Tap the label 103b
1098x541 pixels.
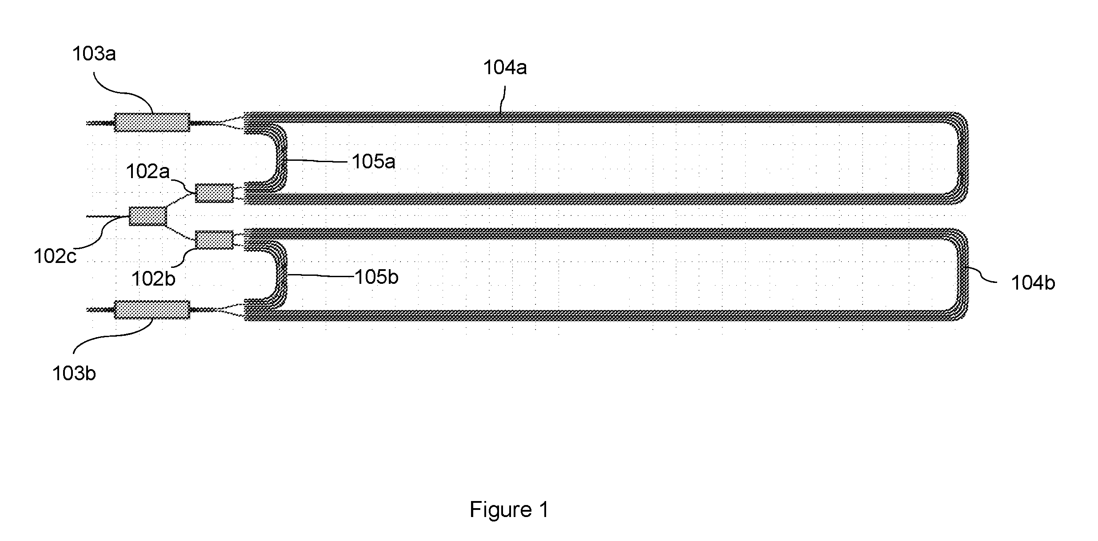point(74,374)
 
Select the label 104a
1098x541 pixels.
point(505,68)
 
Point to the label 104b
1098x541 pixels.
point(1033,282)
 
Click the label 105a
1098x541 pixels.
point(373,161)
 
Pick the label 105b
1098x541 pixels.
point(376,277)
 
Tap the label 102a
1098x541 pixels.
point(148,171)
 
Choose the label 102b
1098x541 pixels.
point(153,278)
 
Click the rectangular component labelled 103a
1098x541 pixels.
point(152,122)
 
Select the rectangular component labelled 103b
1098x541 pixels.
point(152,310)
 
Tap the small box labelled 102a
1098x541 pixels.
point(214,193)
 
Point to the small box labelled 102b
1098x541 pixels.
point(214,240)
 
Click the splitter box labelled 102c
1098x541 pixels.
point(148,216)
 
